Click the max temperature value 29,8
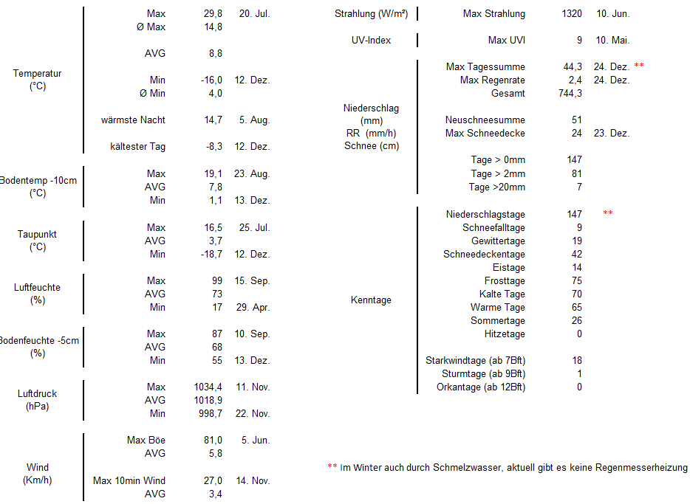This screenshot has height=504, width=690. tap(211, 13)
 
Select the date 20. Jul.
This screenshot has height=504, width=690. tap(254, 13)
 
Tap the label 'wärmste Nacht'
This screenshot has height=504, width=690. tap(133, 120)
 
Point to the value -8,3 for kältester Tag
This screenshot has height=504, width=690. tap(214, 146)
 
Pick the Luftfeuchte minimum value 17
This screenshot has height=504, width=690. tap(216, 307)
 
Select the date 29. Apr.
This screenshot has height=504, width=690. tap(253, 307)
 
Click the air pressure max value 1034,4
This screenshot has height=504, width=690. tap(206, 387)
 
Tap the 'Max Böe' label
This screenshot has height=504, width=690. tap(146, 440)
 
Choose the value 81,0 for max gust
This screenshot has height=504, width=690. tap(212, 440)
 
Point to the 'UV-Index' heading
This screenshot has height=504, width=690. tap(371, 40)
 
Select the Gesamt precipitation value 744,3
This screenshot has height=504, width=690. tap(570, 93)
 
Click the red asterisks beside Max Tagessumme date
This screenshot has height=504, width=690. tap(638, 66)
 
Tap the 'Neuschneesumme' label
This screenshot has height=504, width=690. tap(485, 120)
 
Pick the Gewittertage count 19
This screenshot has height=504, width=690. tap(576, 241)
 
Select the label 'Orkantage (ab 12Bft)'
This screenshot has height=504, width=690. tap(480, 387)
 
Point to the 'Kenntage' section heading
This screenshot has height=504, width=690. tap(371, 300)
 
